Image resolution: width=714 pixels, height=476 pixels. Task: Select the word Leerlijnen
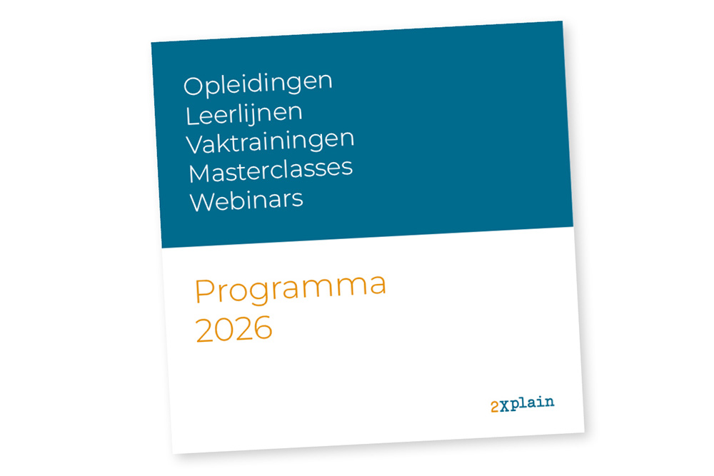tap(244, 114)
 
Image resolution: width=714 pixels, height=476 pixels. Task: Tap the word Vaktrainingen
tap(270, 143)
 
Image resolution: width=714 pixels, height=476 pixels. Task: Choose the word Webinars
tap(246, 201)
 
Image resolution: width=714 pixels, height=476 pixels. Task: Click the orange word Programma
tap(291, 290)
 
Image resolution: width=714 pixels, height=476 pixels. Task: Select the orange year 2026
tap(234, 328)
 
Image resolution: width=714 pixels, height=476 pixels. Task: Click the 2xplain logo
tap(523, 404)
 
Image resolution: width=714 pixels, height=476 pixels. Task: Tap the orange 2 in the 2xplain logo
tap(495, 407)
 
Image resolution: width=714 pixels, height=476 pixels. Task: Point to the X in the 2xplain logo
tap(504, 406)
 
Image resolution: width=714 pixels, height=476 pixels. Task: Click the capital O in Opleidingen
tap(193, 86)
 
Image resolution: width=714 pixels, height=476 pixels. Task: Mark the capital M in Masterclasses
tap(199, 173)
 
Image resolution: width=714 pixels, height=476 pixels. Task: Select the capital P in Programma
tap(204, 291)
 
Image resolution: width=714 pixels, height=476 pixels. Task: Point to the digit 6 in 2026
tap(263, 328)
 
